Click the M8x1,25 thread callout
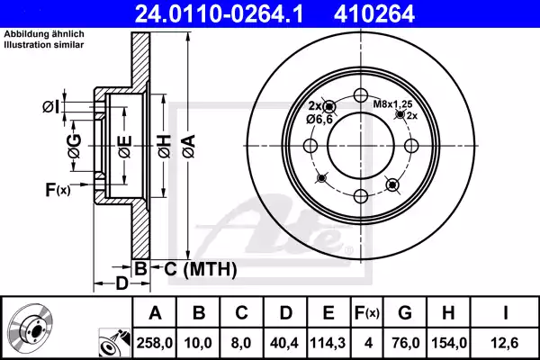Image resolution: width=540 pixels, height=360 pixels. click(391, 103)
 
